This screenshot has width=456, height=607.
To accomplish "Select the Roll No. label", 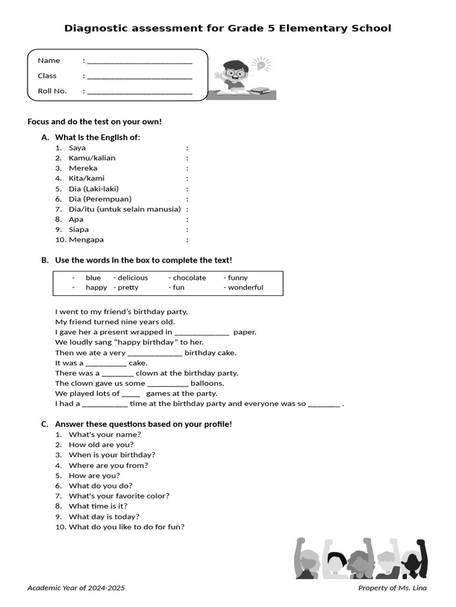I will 52,91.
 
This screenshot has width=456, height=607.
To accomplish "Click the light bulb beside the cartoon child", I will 260,63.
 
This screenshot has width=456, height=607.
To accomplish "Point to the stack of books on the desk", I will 261,91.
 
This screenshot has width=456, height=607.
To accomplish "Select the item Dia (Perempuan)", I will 100,199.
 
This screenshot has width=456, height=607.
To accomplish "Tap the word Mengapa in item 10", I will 86,240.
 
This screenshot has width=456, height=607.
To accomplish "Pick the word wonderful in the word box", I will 245,288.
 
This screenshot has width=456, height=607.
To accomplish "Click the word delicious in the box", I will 132,278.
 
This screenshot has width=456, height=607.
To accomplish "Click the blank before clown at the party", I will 118,374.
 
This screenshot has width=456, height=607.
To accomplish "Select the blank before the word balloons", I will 167,384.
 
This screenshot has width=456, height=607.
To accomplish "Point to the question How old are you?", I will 101,445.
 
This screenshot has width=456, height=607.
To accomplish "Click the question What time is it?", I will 98,506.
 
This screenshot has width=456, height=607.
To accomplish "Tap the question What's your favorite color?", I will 119,496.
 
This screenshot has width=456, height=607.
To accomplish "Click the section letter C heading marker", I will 45,424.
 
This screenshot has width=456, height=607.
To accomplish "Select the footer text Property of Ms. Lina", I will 392,588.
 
